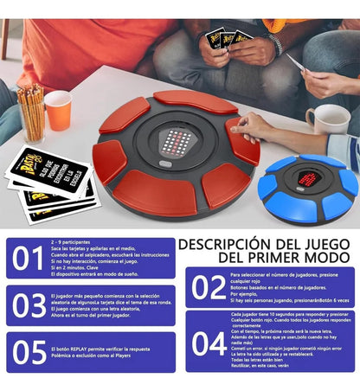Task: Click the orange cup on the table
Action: click(x=59, y=110)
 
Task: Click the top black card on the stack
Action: click(x=47, y=170)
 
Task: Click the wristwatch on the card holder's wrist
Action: click(x=274, y=43)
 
